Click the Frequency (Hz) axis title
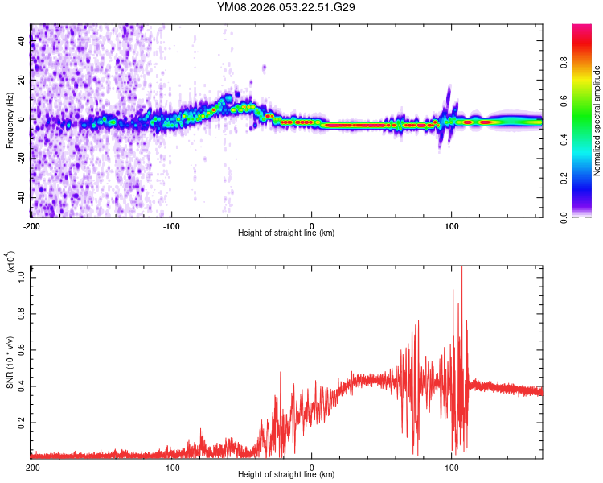click(10, 120)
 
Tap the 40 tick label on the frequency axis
click(22, 42)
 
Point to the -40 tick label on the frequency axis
click(20, 197)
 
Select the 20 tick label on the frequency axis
click(22, 80)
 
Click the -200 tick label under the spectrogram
click(31, 225)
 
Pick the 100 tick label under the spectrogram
click(452, 225)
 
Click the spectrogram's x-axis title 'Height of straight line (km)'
click(286, 233)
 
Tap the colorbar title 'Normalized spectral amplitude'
click(597, 121)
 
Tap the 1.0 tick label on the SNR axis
click(20, 277)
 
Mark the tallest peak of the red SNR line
click(461, 267)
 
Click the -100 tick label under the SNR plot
click(171, 467)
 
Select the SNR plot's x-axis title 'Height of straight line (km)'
click(286, 476)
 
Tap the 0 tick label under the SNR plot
click(312, 467)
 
